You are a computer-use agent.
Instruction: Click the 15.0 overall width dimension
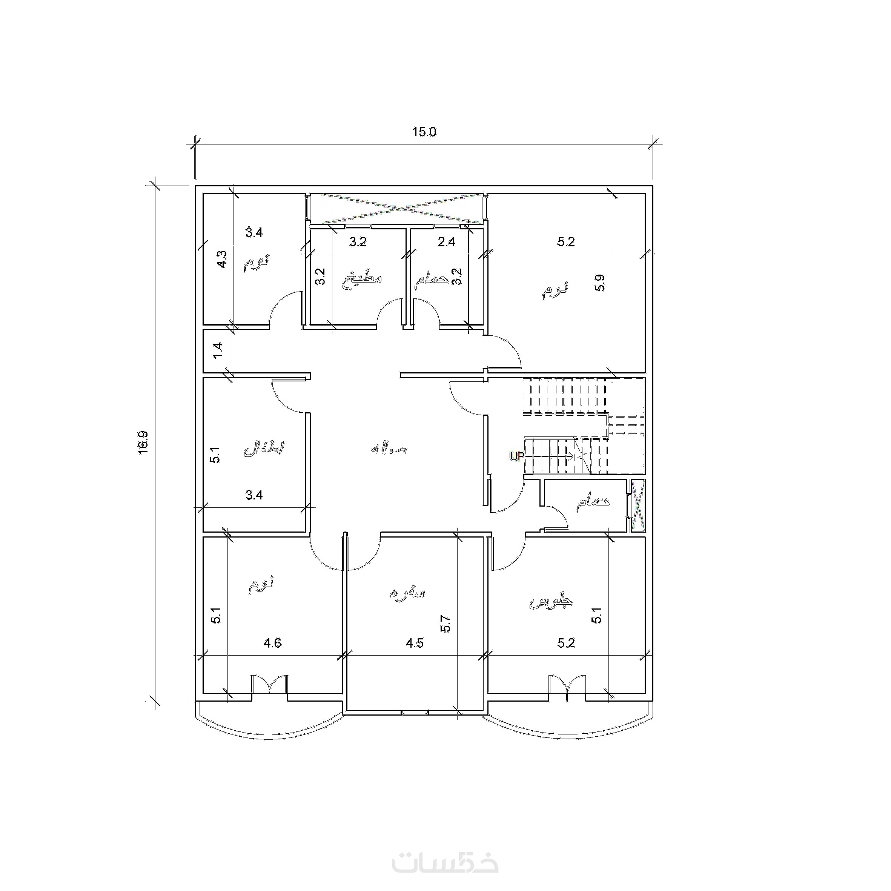click(x=424, y=132)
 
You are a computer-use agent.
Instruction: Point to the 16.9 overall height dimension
click(x=143, y=443)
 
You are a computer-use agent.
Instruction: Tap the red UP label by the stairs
click(x=516, y=456)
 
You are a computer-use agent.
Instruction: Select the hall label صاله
click(x=389, y=449)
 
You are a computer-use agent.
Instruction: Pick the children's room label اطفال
click(x=264, y=449)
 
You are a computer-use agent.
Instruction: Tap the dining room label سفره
click(x=407, y=593)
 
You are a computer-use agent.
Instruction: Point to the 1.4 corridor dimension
click(x=218, y=350)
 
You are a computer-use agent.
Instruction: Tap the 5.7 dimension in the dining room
click(x=445, y=624)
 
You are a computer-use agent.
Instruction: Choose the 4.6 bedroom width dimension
click(x=272, y=643)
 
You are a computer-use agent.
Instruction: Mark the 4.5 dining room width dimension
click(x=415, y=643)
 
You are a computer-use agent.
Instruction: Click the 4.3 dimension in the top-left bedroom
click(x=222, y=259)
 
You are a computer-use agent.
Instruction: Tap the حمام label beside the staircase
click(x=593, y=503)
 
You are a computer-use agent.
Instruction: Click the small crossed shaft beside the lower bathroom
click(x=638, y=506)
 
